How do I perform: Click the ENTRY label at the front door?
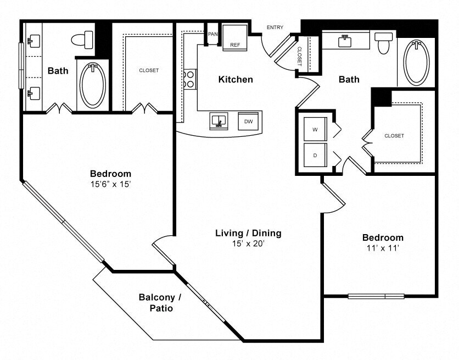275,27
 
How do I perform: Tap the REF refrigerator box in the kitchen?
235,38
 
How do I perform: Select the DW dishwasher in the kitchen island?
248,121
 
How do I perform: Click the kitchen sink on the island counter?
219,121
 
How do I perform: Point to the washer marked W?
315,129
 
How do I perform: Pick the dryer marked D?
315,155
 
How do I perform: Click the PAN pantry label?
213,34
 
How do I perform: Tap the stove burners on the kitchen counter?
190,79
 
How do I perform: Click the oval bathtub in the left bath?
93,85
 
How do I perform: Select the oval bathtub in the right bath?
416,63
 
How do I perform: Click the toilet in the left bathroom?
82,40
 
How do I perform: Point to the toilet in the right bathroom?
383,43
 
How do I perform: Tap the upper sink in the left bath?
33,41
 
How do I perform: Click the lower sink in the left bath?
33,93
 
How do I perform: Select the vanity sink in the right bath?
345,41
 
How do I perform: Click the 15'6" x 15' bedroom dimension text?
110,185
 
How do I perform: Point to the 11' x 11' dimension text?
383,248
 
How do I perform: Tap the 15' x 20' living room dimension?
248,243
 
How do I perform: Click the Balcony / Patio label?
160,303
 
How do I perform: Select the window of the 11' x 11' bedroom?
376,296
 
